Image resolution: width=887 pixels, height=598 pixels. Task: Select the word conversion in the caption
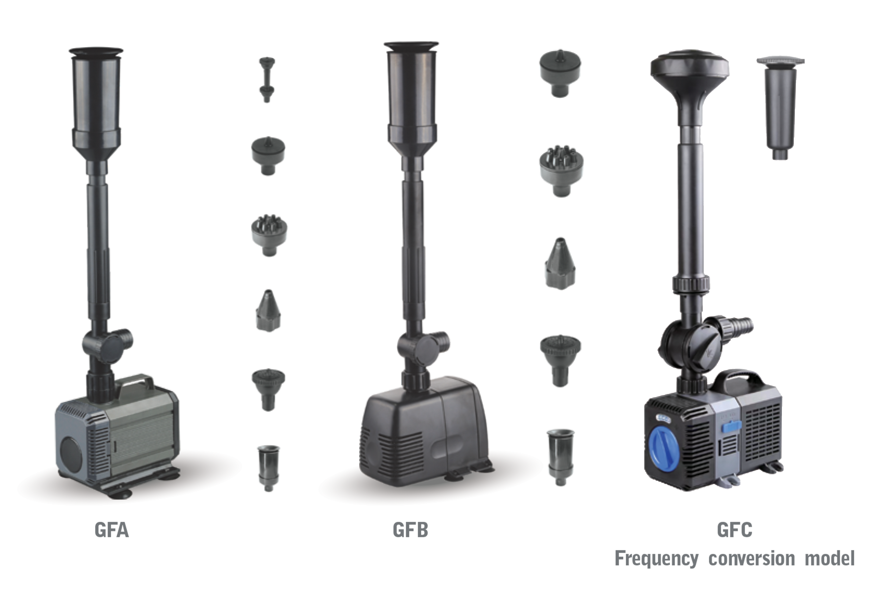[752, 559]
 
